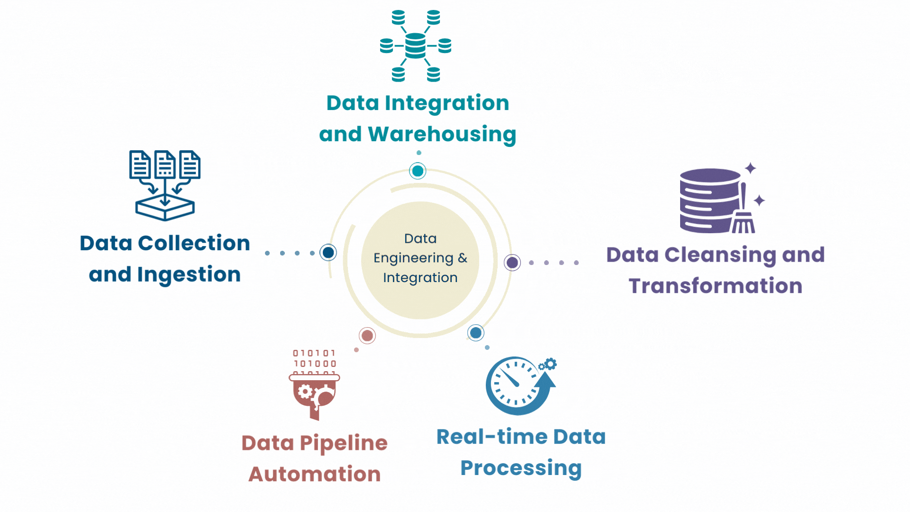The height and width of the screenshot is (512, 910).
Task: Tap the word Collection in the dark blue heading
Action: click(194, 243)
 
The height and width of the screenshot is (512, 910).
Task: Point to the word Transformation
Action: click(715, 286)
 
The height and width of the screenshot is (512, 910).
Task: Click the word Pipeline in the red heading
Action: click(344, 443)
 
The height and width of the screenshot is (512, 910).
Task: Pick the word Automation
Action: click(315, 474)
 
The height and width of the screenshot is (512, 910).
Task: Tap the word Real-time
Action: click(491, 437)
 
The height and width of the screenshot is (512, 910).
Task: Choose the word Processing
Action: click(521, 468)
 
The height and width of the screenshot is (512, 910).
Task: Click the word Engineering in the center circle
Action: click(413, 258)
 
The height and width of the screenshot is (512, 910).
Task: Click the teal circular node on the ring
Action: click(418, 171)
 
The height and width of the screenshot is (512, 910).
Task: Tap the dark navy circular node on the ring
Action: click(328, 252)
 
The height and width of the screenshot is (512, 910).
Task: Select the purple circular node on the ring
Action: click(512, 262)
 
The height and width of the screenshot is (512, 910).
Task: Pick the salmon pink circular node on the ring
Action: click(367, 336)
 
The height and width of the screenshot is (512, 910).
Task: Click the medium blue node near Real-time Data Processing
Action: click(476, 333)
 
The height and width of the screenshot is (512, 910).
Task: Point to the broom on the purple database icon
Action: click(743, 213)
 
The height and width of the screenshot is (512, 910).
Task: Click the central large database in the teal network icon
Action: click(416, 46)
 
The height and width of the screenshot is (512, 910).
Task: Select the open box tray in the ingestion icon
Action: click(165, 209)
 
